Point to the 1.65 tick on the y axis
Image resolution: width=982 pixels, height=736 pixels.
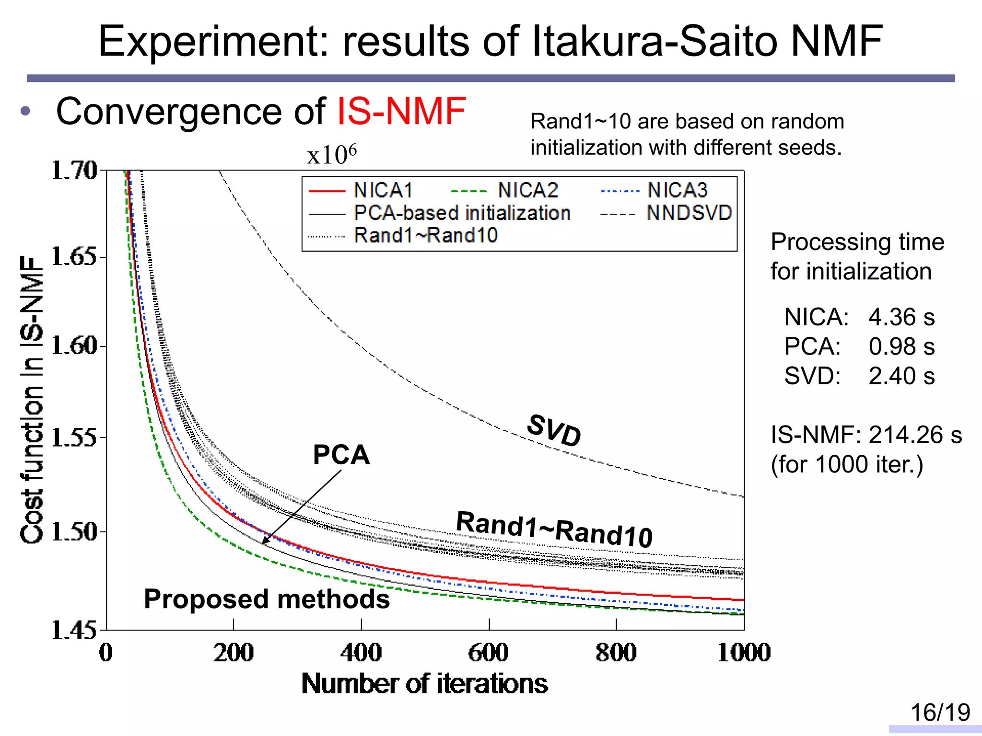click(x=74, y=257)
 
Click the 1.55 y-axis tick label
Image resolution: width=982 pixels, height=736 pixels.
click(x=74, y=437)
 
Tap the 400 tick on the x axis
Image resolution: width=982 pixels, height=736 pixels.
click(x=361, y=653)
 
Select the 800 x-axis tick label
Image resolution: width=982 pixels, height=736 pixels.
click(x=616, y=653)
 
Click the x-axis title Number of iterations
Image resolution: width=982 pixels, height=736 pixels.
click(x=424, y=684)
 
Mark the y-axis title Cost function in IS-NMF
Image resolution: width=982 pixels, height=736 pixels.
click(x=32, y=400)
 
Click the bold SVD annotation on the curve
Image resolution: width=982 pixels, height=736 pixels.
click(x=554, y=430)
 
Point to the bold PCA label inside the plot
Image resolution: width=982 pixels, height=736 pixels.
click(x=341, y=454)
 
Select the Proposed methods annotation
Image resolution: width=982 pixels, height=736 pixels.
click(x=267, y=599)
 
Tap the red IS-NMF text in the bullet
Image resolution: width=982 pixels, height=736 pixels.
click(x=401, y=112)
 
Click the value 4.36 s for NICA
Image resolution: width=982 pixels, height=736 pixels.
click(x=901, y=317)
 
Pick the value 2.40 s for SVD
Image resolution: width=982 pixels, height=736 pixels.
click(x=901, y=376)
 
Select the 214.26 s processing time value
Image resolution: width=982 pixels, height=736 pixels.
click(x=915, y=435)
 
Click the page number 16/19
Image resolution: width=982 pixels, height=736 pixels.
click(x=940, y=713)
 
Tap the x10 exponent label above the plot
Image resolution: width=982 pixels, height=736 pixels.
click(x=332, y=154)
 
